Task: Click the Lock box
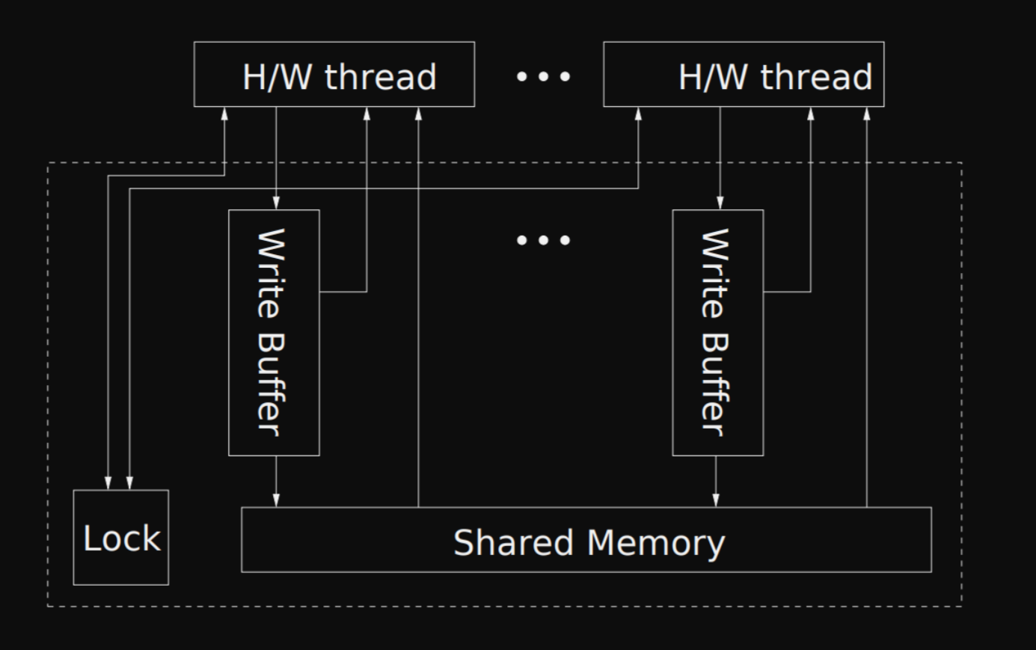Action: pyautogui.click(x=120, y=537)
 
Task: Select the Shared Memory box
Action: pyautogui.click(x=586, y=539)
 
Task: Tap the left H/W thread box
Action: pyautogui.click(x=334, y=74)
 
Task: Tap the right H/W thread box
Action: pyautogui.click(x=743, y=74)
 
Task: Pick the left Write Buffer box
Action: pyautogui.click(x=274, y=332)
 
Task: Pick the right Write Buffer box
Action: pyautogui.click(x=717, y=332)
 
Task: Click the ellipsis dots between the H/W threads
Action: pyautogui.click(x=544, y=76)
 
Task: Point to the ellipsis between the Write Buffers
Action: pyautogui.click(x=544, y=240)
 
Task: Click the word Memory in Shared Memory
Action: pyautogui.click(x=656, y=543)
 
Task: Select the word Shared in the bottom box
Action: pyautogui.click(x=513, y=542)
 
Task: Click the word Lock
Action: pyautogui.click(x=121, y=539)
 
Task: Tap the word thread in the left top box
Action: pyautogui.click(x=380, y=77)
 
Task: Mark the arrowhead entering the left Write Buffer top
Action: pyautogui.click(x=276, y=203)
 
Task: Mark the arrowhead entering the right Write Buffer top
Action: pyautogui.click(x=720, y=203)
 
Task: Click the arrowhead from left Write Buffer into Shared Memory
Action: pyautogui.click(x=276, y=500)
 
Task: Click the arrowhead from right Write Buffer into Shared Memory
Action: pyautogui.click(x=716, y=500)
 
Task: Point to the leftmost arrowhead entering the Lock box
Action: pyautogui.click(x=108, y=482)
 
